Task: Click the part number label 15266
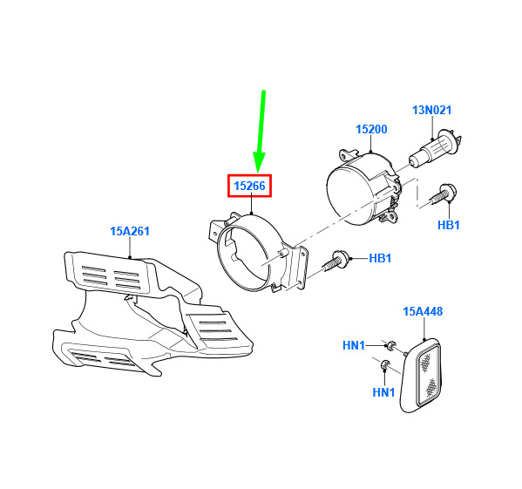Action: [250, 186]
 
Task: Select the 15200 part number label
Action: [371, 129]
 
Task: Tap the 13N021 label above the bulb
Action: [431, 110]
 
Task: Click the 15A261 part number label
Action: [130, 231]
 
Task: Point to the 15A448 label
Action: [423, 311]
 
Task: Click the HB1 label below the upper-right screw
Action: [449, 225]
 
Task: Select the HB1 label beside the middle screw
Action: [380, 258]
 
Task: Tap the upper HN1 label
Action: [354, 345]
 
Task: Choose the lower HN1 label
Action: [383, 392]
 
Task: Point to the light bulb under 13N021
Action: [434, 148]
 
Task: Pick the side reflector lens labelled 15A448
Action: [421, 377]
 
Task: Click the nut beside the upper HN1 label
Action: [390, 345]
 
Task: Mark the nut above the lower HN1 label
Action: [385, 364]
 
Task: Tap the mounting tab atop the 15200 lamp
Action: [349, 154]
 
